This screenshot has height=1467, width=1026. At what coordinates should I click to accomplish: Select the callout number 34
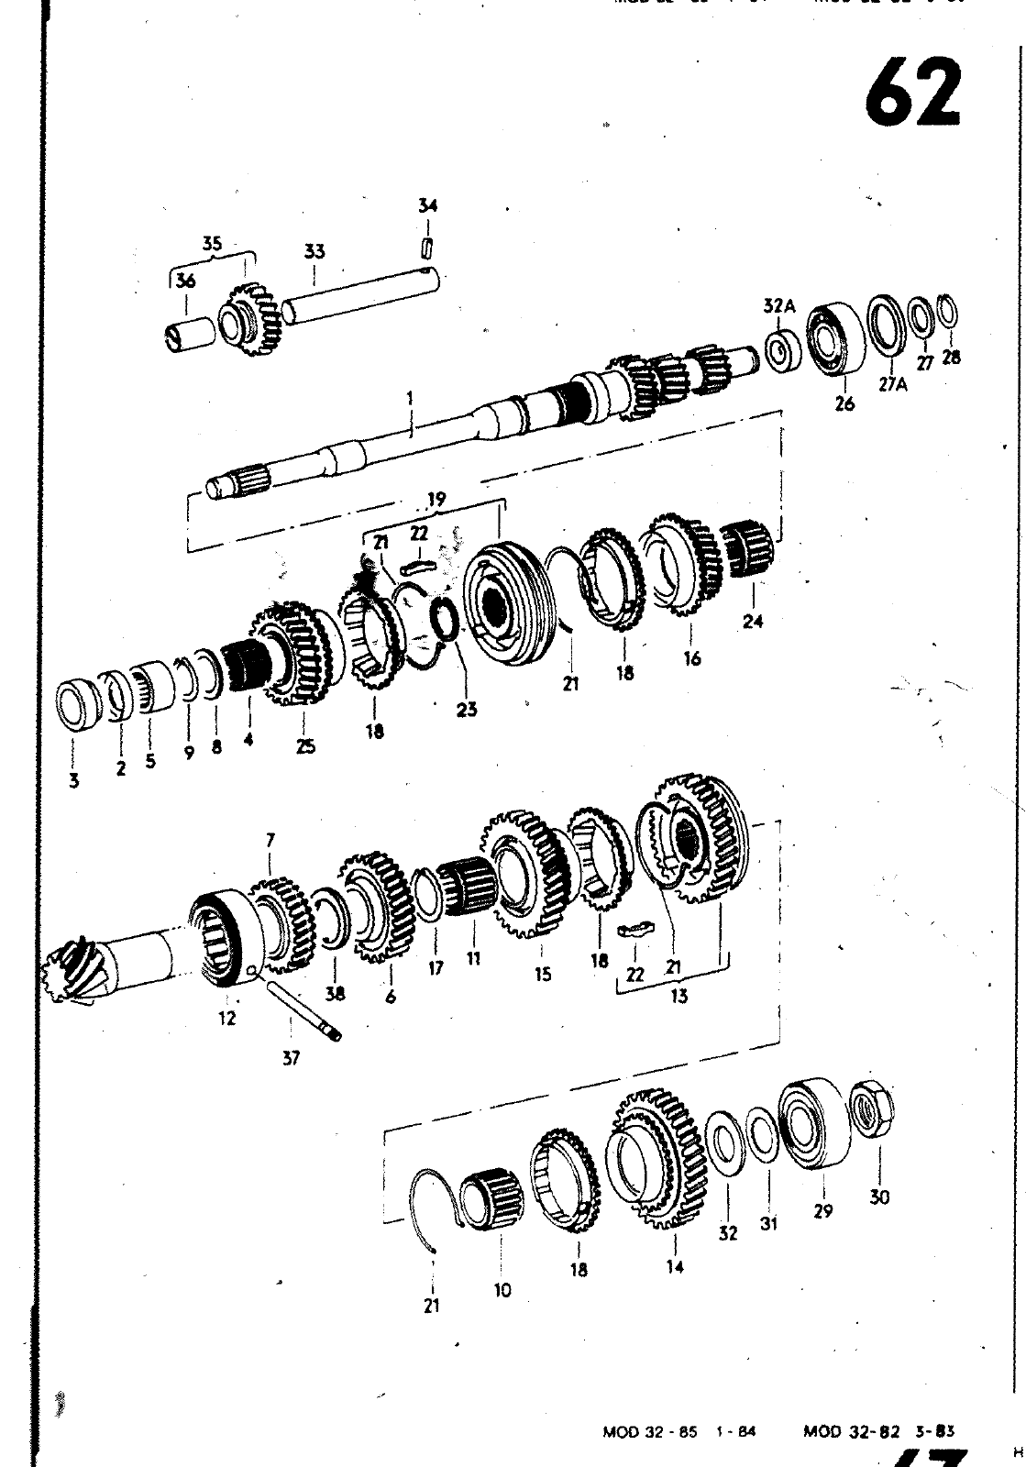427,205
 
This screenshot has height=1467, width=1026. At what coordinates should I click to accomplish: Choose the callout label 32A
778,306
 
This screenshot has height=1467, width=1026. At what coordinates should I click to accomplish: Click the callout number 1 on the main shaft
410,398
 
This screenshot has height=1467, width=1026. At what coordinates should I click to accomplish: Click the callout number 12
226,1018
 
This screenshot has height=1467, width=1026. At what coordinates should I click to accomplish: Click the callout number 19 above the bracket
436,500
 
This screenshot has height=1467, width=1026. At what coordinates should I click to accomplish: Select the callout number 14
675,1268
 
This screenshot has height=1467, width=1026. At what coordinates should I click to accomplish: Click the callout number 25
305,746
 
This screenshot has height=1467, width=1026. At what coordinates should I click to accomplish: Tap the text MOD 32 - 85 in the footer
640,1432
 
